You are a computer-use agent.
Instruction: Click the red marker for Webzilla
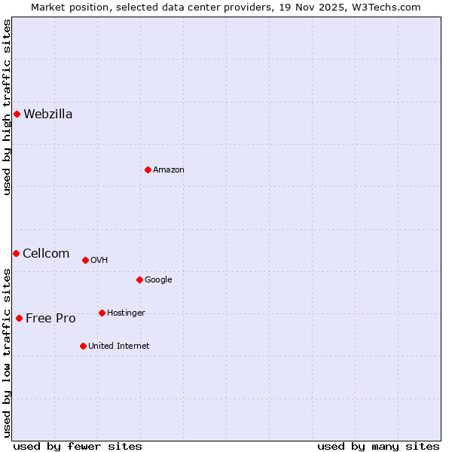(x=17, y=114)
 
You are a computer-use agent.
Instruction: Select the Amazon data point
(x=148, y=169)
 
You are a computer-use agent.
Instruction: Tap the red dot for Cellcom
(x=16, y=253)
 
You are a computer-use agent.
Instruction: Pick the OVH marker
(x=85, y=260)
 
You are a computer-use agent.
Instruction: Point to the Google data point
(x=139, y=279)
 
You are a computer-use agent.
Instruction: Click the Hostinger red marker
(x=102, y=313)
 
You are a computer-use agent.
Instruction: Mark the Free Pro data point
(x=19, y=318)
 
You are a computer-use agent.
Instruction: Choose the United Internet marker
(x=83, y=346)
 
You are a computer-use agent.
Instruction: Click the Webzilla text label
(x=48, y=115)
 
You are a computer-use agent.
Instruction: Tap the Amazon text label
(x=169, y=170)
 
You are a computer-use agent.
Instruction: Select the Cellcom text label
(x=46, y=254)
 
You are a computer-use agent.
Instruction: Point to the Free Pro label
(x=50, y=319)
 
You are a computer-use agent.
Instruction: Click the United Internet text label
(x=119, y=347)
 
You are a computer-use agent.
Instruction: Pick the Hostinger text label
(x=126, y=313)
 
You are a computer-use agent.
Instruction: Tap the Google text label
(x=158, y=280)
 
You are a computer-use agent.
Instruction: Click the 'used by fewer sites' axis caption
(x=78, y=446)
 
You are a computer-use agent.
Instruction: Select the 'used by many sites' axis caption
(x=378, y=446)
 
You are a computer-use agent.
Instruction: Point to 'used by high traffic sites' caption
(x=7, y=108)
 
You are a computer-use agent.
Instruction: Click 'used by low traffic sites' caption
(x=7, y=352)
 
